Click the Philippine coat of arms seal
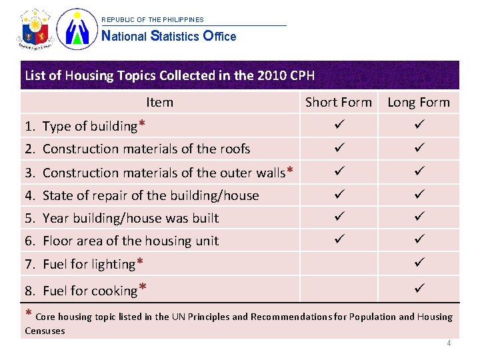point(35,30)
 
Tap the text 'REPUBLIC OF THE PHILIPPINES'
point(153,20)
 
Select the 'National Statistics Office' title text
point(169,37)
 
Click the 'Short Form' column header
point(338,102)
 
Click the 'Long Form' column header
point(419,102)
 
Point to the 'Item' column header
point(159,102)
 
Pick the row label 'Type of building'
point(89,126)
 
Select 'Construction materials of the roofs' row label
point(146,149)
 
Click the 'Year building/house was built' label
point(131,218)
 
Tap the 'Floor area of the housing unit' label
point(131,241)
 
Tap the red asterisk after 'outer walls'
point(289,171)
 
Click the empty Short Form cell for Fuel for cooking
point(338,289)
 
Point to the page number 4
point(449,343)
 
